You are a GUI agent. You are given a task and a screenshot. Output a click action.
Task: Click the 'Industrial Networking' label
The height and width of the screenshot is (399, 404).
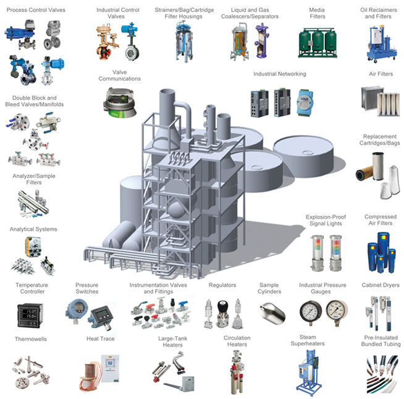coord(279,74)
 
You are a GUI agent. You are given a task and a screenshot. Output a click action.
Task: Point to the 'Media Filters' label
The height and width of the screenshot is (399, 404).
coord(317,13)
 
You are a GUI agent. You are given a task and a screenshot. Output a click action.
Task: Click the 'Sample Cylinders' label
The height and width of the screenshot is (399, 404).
coord(269,288)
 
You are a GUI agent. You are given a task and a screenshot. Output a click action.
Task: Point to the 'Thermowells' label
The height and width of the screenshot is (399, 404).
coord(31,339)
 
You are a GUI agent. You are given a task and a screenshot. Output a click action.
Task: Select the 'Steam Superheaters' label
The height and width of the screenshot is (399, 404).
coord(308,340)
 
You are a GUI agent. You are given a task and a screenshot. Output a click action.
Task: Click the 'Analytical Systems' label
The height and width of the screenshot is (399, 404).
coord(33,229)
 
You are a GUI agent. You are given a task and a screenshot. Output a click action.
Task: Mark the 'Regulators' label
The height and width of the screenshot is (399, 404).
coord(222,285)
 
